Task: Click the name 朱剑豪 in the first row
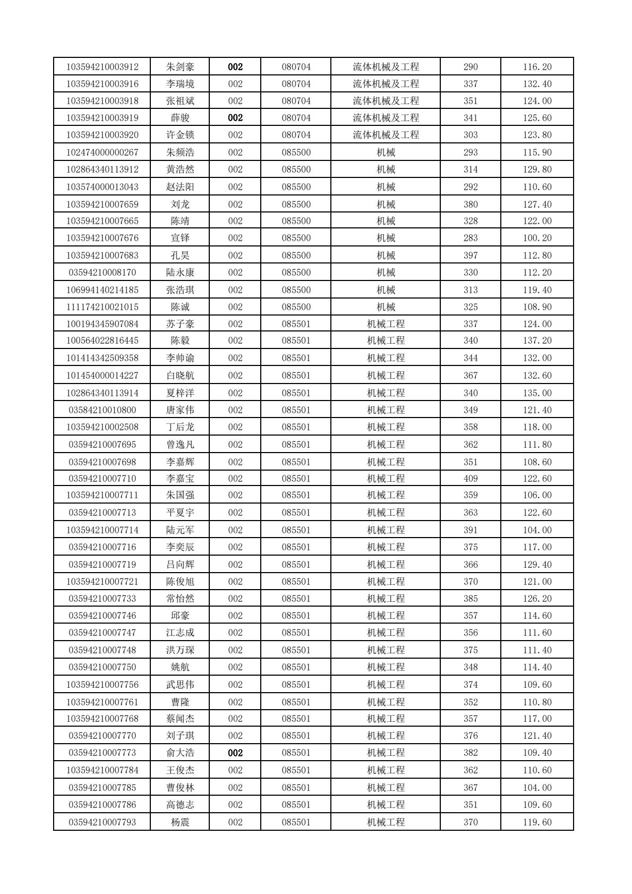click(x=180, y=67)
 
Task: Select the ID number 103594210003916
click(x=102, y=84)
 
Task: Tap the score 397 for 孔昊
click(x=470, y=256)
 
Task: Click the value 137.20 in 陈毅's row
click(x=537, y=340)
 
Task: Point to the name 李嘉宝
click(x=180, y=479)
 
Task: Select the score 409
click(x=470, y=479)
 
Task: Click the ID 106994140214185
click(x=102, y=290)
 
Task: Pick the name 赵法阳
click(x=180, y=187)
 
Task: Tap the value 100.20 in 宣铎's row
click(x=537, y=238)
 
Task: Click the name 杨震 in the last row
click(x=180, y=822)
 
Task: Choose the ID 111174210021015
click(x=102, y=307)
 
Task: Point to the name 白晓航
click(x=180, y=376)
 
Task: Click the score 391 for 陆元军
click(x=470, y=530)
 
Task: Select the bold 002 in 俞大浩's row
click(x=235, y=753)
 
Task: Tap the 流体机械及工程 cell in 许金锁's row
click(x=386, y=135)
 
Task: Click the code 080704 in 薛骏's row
click(x=296, y=118)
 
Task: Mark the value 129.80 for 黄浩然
click(x=537, y=169)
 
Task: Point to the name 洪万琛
click(x=180, y=650)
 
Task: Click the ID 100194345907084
click(x=102, y=324)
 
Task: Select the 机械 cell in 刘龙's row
click(x=386, y=205)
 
